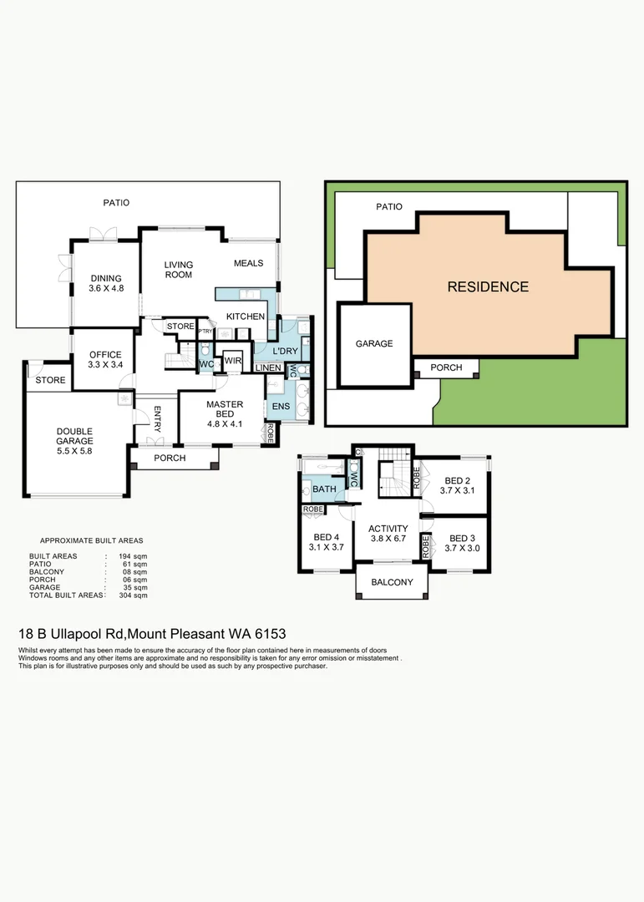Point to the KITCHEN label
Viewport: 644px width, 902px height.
point(246,317)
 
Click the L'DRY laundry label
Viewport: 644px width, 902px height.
point(284,352)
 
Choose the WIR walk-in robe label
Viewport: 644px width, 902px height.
point(232,361)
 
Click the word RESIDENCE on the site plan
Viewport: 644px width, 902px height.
point(488,287)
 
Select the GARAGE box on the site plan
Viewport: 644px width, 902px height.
point(374,343)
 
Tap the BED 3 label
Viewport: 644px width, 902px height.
point(461,543)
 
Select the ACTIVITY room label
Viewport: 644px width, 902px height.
point(388,534)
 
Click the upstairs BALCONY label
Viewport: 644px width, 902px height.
point(392,582)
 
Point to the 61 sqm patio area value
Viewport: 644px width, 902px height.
point(137,565)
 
